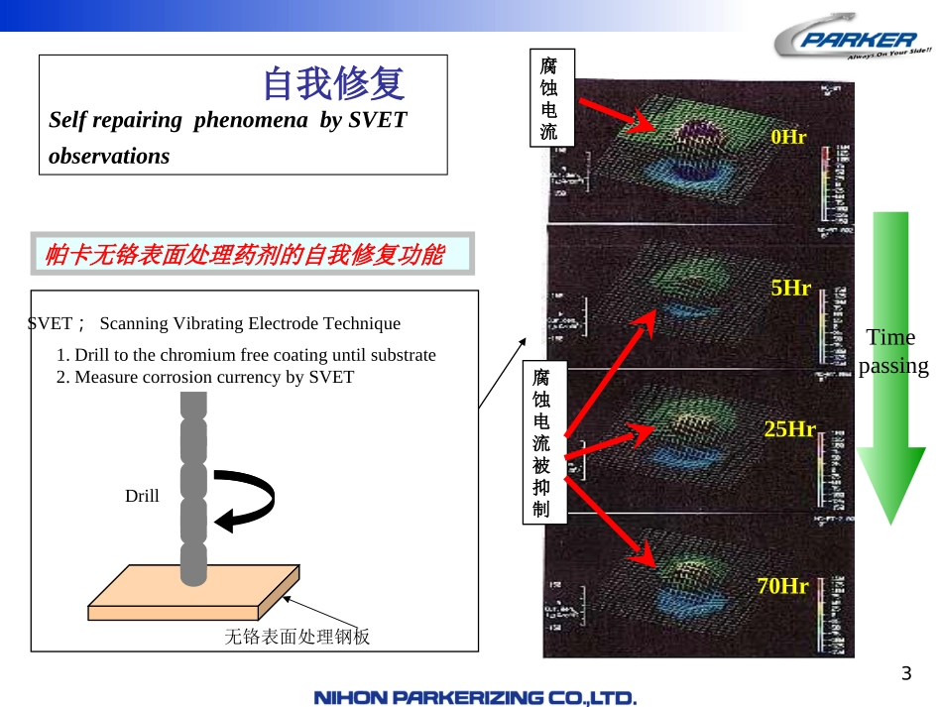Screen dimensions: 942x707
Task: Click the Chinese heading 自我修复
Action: pos(333,84)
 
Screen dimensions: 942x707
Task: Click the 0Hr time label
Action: pos(788,138)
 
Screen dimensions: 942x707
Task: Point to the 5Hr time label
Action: pos(790,289)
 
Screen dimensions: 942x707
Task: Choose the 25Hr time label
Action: pos(788,429)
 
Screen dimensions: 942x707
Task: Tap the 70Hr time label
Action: pos(783,586)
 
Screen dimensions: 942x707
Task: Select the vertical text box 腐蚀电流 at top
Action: pos(549,98)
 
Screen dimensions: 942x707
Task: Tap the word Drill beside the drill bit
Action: pos(142,496)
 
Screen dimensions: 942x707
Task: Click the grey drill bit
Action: pos(193,486)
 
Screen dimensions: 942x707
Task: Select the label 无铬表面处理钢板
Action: pos(297,637)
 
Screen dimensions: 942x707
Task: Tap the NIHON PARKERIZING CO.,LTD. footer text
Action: pos(475,698)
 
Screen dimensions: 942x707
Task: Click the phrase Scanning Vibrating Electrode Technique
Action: pos(250,323)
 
